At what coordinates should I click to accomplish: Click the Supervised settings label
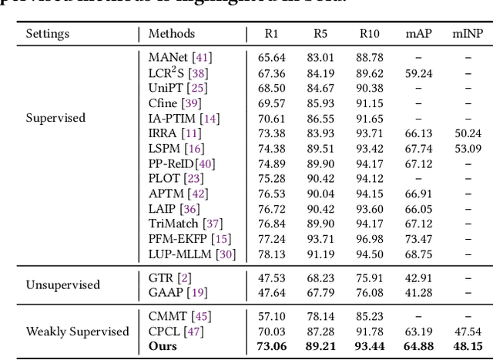[55, 119]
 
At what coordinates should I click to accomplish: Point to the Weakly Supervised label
[77, 331]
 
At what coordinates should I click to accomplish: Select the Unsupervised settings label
[63, 284]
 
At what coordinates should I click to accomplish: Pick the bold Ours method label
[163, 345]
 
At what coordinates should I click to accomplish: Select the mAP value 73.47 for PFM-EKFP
[418, 239]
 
